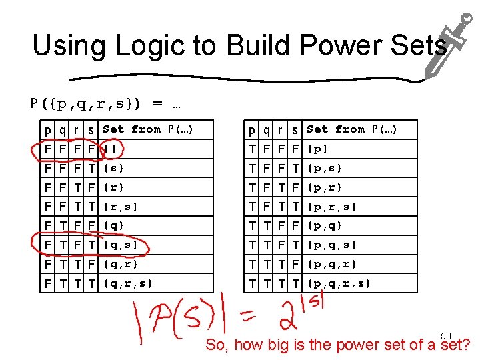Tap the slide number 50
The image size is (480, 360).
[x=446, y=335]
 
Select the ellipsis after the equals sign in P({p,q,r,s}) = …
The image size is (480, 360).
[x=177, y=104]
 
